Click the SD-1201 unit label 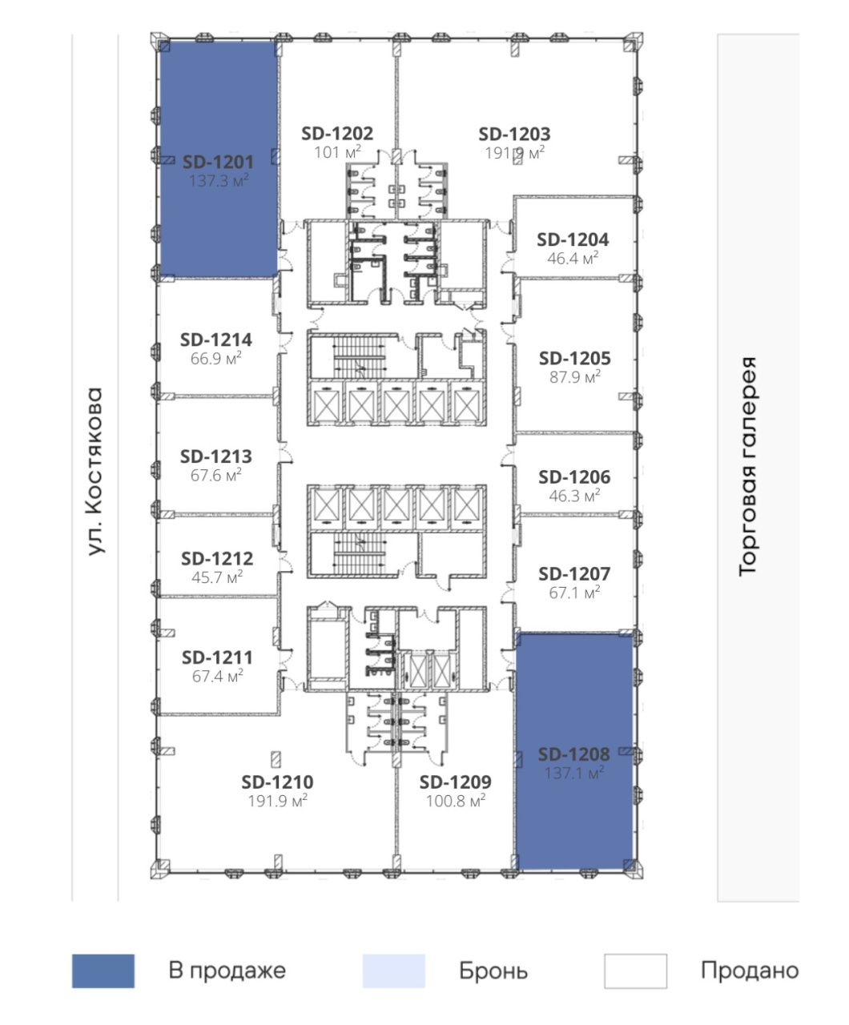218,162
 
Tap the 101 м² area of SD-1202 337,152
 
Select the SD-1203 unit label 514,134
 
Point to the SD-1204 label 573,239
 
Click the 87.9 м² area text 575,377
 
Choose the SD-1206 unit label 574,476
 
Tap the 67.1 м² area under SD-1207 574,593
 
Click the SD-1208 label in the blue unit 573,754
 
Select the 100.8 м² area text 456,801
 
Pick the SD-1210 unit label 277,782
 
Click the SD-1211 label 217,657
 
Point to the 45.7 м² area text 217,577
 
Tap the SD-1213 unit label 216,456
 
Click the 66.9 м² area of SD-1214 216,359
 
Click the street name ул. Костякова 95,472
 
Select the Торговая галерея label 747,466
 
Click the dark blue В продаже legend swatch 103,971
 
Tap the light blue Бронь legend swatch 394,971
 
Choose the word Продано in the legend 750,971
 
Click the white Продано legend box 635,971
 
